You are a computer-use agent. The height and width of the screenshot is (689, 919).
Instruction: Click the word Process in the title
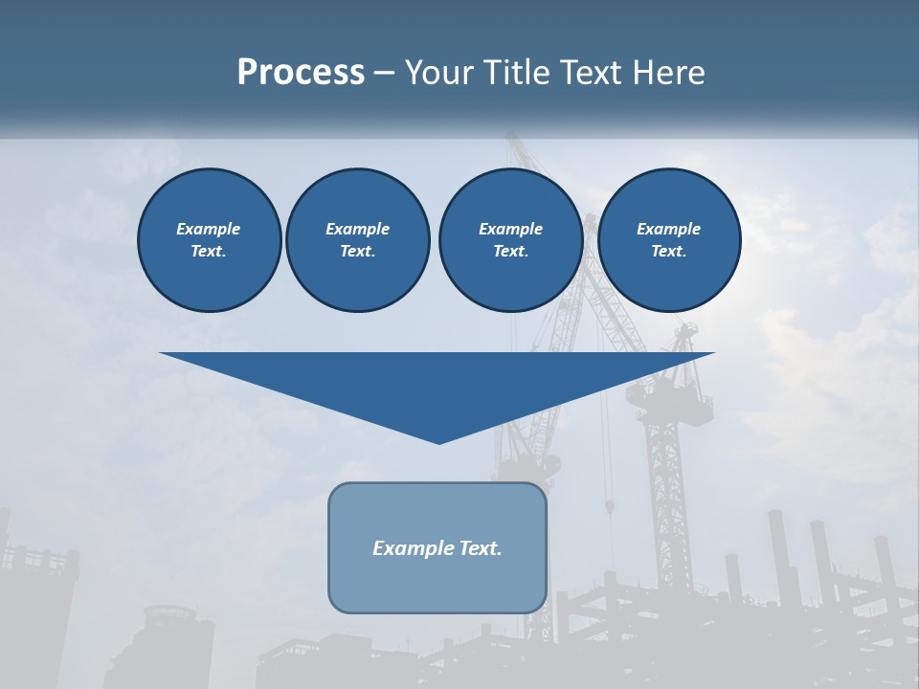point(301,73)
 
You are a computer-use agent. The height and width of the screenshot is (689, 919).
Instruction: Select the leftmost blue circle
point(209,240)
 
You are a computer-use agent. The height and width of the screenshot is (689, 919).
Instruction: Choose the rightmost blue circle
point(669,240)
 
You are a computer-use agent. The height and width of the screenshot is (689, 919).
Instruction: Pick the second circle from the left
point(357,240)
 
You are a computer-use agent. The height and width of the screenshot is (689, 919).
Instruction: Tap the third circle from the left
point(510,240)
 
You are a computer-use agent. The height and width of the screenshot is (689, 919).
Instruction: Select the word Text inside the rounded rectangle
point(480,548)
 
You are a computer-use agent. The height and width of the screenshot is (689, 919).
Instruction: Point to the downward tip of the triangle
point(438,442)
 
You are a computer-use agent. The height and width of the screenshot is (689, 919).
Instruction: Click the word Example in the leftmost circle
point(209,229)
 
